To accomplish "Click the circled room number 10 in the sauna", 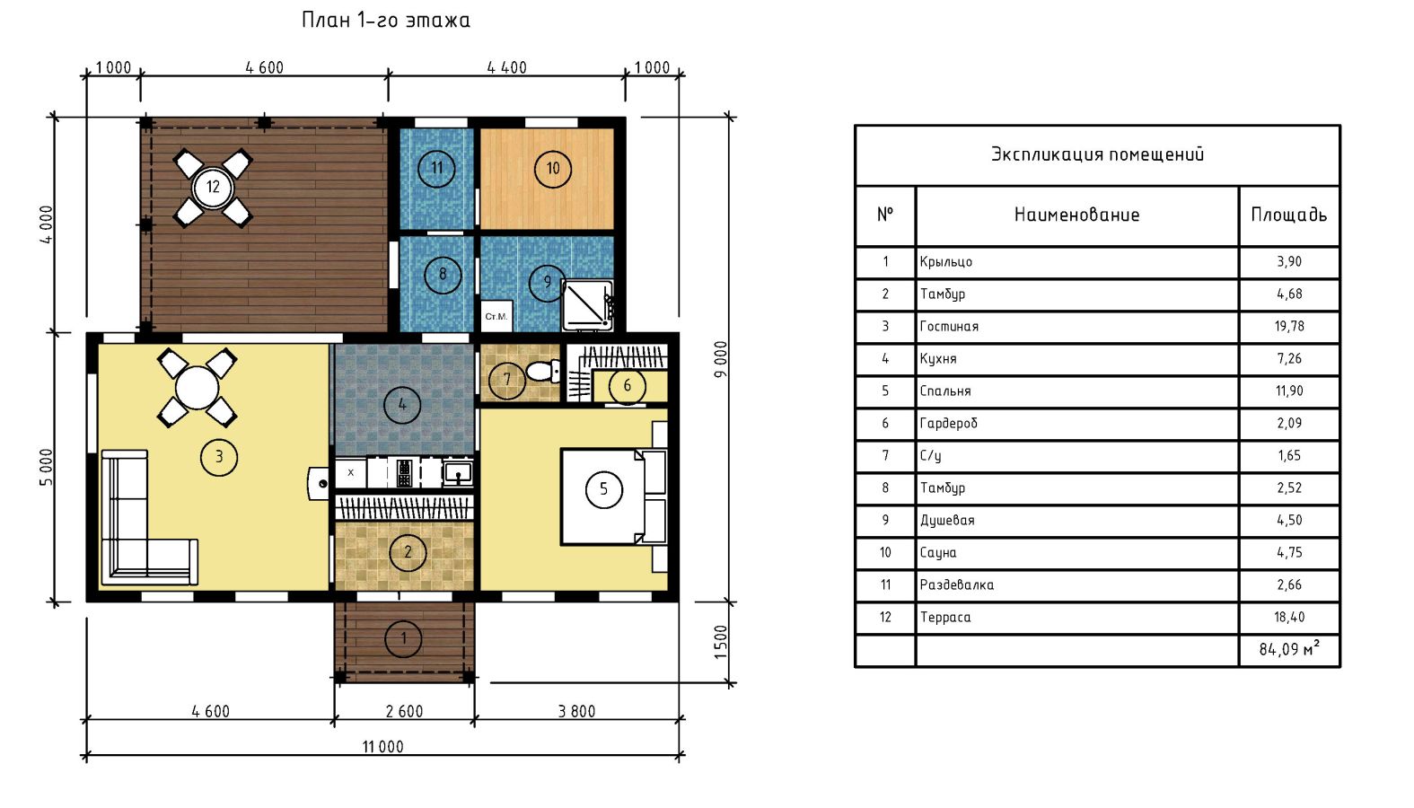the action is pos(552,169).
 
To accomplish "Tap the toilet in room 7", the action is pos(542,371).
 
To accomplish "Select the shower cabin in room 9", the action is pos(588,305).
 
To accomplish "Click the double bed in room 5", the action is pos(613,496).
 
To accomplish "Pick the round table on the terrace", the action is pos(213,187).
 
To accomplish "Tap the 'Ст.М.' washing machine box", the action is pos(496,316).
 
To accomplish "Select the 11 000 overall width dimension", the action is pos(382,747).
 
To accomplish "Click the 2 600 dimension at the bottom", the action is pos(404,711).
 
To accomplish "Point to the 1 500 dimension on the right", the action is pos(721,642).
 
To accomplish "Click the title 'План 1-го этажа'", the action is pos(386,20).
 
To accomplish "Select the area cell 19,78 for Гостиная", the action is pos(1289,327).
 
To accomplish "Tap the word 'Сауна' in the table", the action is pos(938,552).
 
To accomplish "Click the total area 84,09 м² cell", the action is pos(1289,649).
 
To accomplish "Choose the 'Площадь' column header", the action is pos(1289,215).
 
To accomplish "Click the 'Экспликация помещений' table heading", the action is pos(1097,154).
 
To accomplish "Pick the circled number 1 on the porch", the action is pos(403,639).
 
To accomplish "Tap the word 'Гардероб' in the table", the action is pos(948,424).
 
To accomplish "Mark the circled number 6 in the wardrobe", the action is pos(627,385).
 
